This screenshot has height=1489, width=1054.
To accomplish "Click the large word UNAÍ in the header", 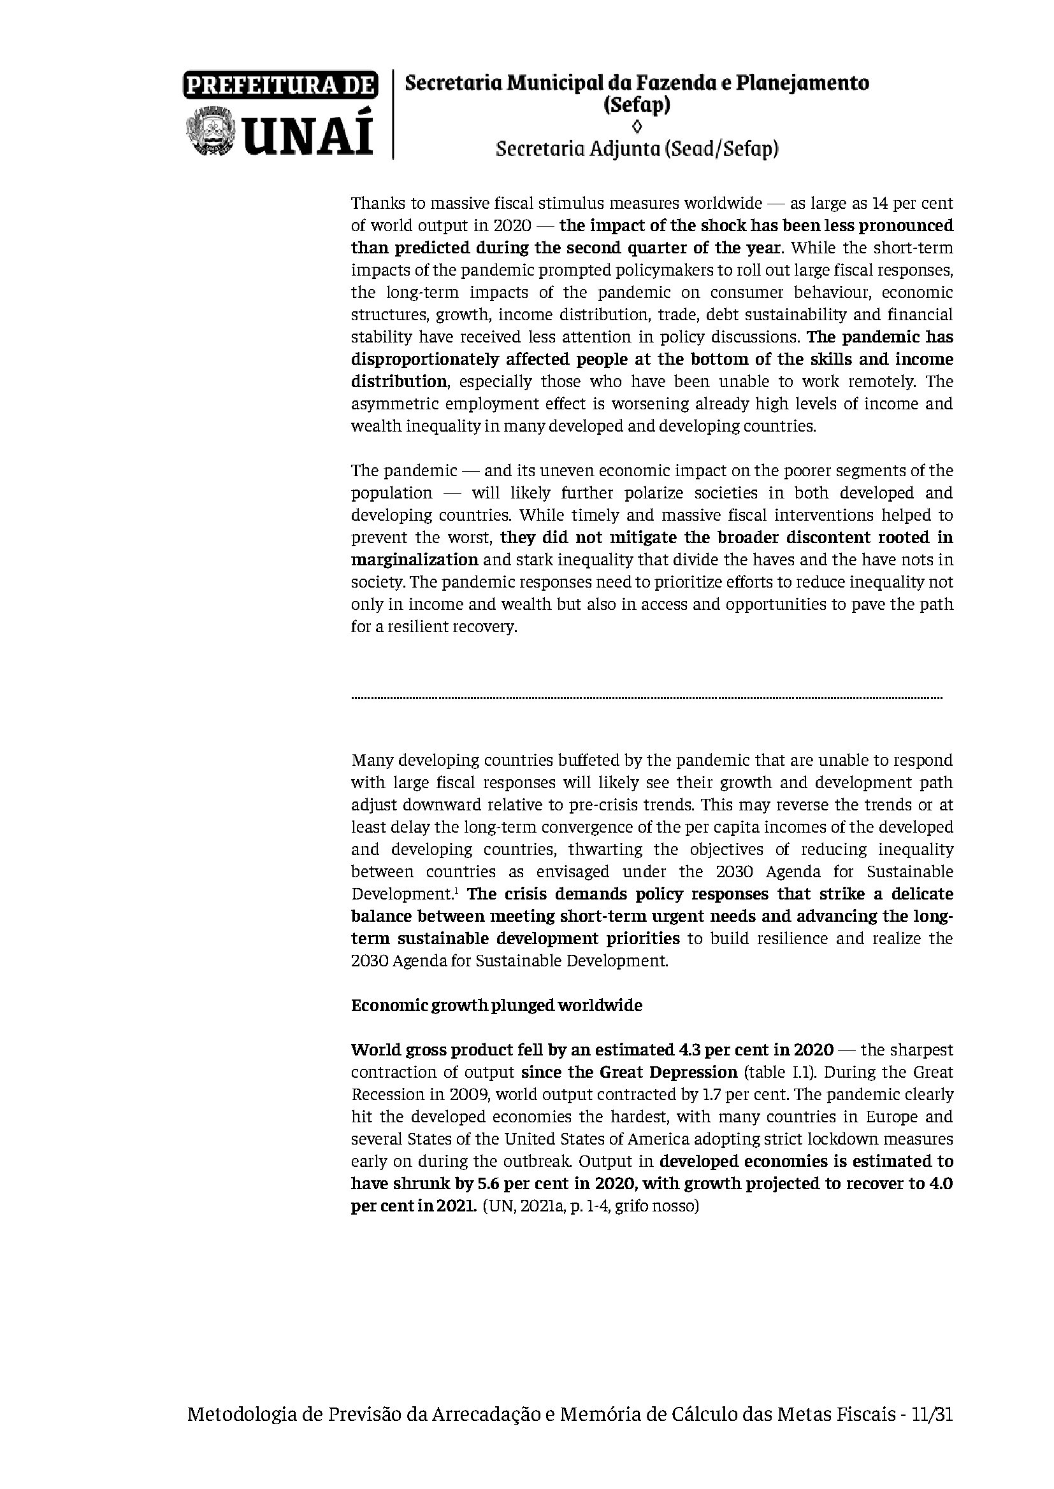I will pyautogui.click(x=308, y=135).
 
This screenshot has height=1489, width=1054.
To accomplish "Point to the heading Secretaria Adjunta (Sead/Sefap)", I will pyautogui.click(x=637, y=149).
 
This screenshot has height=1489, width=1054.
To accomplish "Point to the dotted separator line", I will pyautogui.click(x=646, y=698).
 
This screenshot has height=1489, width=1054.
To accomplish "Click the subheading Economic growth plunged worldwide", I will pyautogui.click(x=496, y=1005).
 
